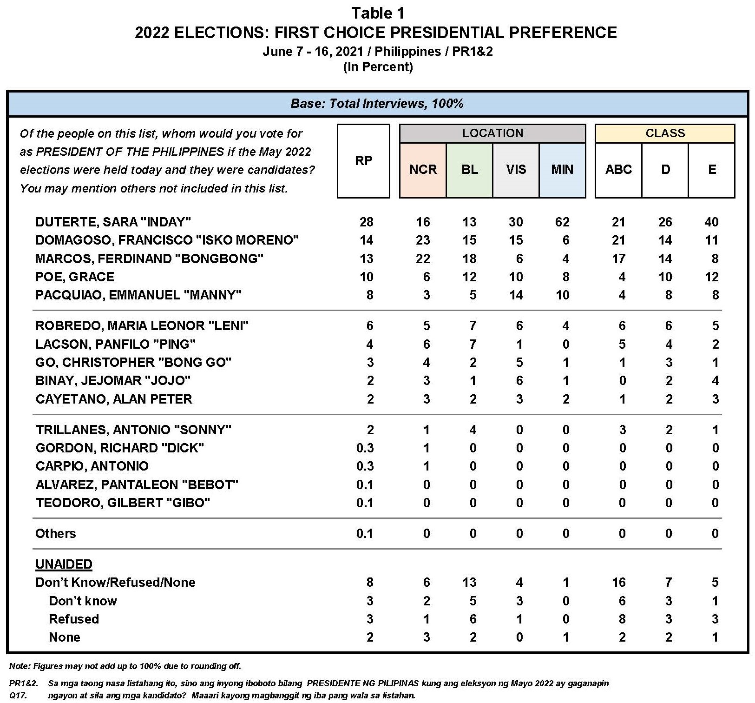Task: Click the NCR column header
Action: pyautogui.click(x=423, y=170)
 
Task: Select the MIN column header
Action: pyautogui.click(x=562, y=170)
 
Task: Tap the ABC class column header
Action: pyautogui.click(x=618, y=170)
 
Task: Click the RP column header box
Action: pyautogui.click(x=363, y=161)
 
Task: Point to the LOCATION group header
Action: pyautogui.click(x=492, y=133)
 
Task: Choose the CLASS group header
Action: pyautogui.click(x=665, y=133)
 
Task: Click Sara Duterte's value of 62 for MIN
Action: pyautogui.click(x=562, y=222)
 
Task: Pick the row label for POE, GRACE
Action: pyautogui.click(x=75, y=277)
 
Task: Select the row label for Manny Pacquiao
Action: pyautogui.click(x=138, y=295)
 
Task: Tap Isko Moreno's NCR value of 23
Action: pyautogui.click(x=423, y=240)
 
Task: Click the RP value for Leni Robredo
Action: pyautogui.click(x=369, y=326)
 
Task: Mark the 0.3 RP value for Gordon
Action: pyautogui.click(x=365, y=448)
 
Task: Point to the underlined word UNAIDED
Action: pyautogui.click(x=64, y=564)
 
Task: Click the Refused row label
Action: pyautogui.click(x=74, y=619)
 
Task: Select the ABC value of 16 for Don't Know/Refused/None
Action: pyautogui.click(x=618, y=583)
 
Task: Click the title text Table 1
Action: pyautogui.click(x=377, y=13)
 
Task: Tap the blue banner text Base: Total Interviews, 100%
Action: pyautogui.click(x=377, y=104)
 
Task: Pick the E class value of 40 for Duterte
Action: pyautogui.click(x=711, y=222)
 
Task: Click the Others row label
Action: pyautogui.click(x=55, y=533)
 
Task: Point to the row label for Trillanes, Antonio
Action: pyautogui.click(x=133, y=430)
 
